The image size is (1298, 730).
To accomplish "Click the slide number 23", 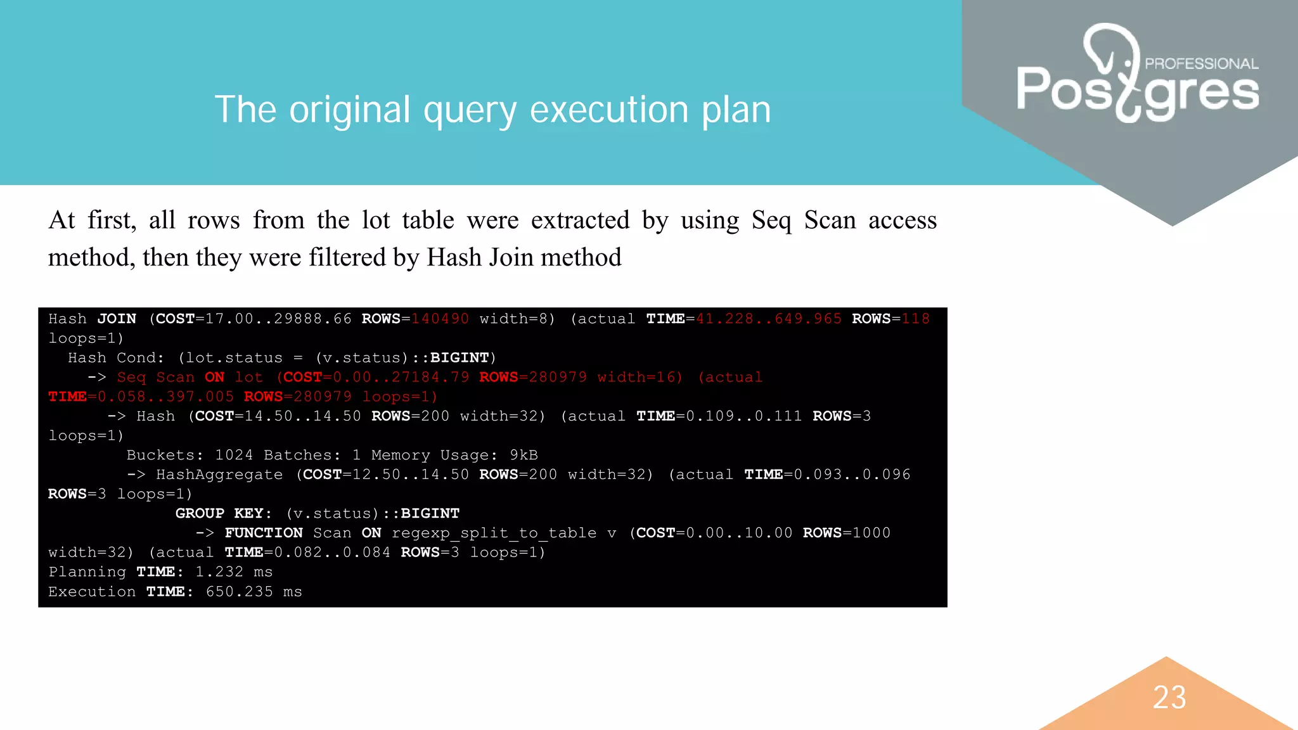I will tap(1169, 698).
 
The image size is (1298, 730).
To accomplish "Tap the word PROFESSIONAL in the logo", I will tap(1201, 64).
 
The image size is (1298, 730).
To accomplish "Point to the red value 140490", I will tap(440, 319).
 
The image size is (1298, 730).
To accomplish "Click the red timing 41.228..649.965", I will tap(769, 319).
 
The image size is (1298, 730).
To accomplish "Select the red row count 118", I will tap(915, 319).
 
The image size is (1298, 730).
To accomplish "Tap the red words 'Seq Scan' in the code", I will tap(156, 378).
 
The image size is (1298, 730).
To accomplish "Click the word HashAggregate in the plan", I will tap(219, 475).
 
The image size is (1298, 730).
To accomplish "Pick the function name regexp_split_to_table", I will tap(494, 534).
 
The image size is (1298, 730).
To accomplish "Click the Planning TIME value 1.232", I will tap(219, 572).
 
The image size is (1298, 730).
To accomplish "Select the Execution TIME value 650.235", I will tap(240, 592).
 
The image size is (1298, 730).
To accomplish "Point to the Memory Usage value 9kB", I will tap(524, 456).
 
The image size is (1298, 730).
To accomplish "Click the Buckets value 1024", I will tap(234, 456).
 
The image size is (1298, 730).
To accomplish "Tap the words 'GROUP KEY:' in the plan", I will tap(224, 514).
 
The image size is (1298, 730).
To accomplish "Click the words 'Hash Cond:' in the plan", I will tap(116, 358).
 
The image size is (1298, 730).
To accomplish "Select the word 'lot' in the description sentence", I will tap(376, 221).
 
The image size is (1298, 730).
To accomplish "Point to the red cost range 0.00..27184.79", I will tap(401, 378).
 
